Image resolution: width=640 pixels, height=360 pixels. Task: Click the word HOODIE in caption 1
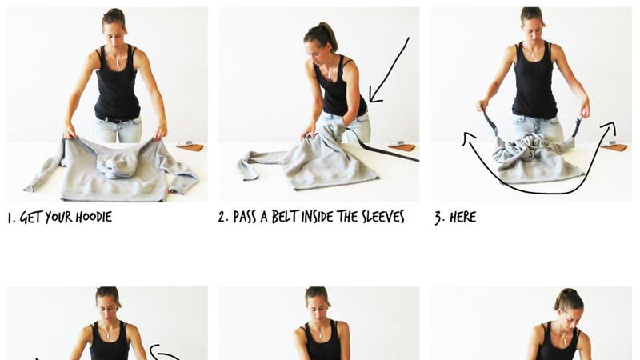(94, 217)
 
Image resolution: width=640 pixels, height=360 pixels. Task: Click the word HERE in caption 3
(463, 217)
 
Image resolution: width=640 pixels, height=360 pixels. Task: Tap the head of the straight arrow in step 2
(374, 96)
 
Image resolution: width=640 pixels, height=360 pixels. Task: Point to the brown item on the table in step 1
(190, 146)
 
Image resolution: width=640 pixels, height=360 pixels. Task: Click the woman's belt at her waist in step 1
(118, 120)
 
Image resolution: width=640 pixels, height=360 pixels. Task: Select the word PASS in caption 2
(245, 217)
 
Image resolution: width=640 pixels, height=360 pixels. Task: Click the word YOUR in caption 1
(58, 217)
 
